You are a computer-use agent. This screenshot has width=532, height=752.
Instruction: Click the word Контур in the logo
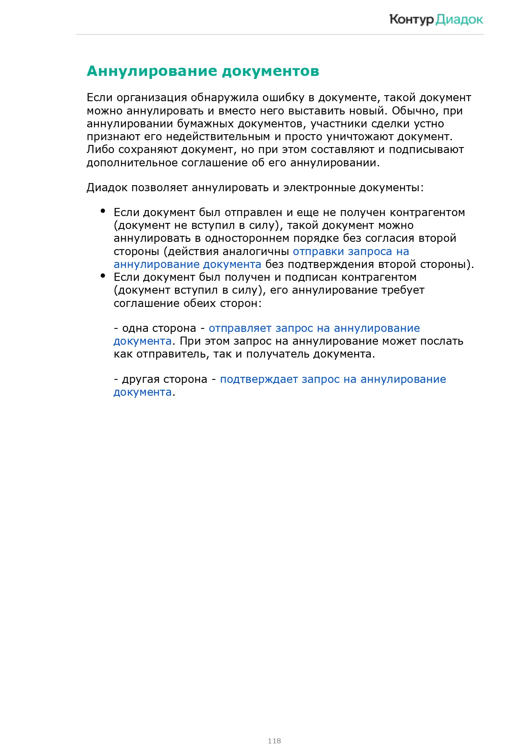tap(411, 20)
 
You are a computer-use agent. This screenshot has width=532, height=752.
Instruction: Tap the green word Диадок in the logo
tap(460, 20)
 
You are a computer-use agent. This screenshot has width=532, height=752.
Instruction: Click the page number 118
tap(274, 740)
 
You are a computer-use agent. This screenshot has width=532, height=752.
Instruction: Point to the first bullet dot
tap(103, 211)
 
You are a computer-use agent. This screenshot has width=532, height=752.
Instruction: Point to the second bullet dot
tap(103, 276)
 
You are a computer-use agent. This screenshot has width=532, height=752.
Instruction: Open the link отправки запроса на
tap(351, 252)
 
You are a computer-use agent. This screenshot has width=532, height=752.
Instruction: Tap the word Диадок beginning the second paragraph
tap(107, 188)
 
